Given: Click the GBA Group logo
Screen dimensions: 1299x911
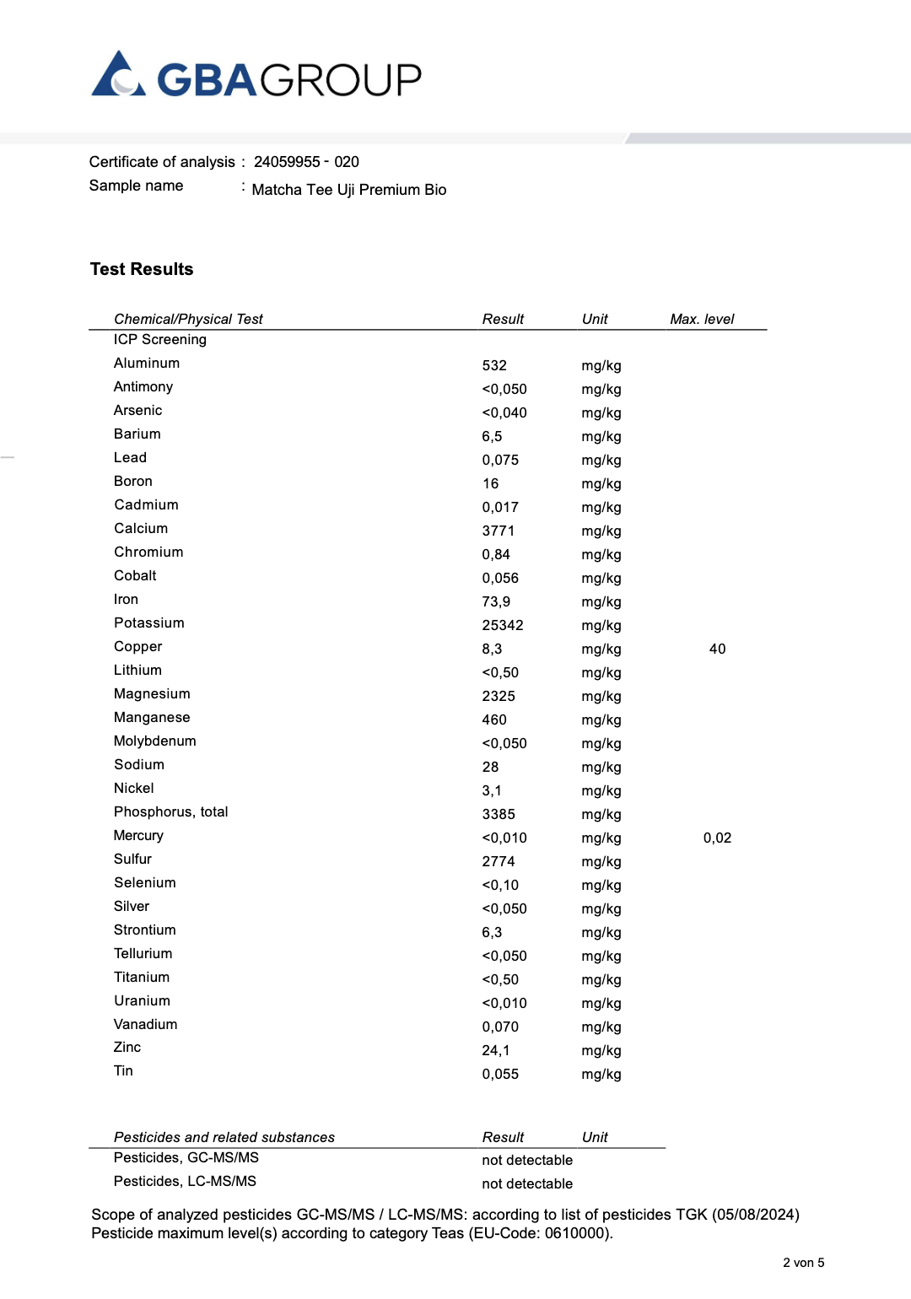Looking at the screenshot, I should click(256, 78).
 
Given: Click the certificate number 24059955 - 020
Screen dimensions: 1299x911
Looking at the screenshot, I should click(306, 162).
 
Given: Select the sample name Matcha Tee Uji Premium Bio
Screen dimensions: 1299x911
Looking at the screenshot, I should click(348, 190).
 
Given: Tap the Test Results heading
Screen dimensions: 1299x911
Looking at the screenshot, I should click(142, 269).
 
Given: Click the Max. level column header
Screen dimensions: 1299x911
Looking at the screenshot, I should click(702, 319).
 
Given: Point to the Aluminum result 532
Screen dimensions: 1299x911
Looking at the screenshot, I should click(494, 365).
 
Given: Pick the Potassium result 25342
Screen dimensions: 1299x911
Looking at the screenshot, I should click(503, 625).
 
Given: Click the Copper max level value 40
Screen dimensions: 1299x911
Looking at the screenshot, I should click(717, 649).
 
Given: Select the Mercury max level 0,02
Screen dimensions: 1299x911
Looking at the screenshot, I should click(717, 838).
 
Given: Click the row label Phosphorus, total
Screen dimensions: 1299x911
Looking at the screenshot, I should click(170, 811).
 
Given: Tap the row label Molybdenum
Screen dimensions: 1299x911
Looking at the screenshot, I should click(155, 741).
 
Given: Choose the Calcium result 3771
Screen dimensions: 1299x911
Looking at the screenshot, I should click(498, 531).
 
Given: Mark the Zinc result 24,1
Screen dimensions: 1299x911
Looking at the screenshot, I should click(496, 1050).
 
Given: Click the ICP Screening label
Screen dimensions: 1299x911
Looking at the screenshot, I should click(160, 339).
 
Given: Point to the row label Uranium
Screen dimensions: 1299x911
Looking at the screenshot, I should click(142, 1000).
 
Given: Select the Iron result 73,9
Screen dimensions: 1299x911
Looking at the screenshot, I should click(496, 601).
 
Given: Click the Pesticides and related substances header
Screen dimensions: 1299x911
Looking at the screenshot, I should click(224, 1137).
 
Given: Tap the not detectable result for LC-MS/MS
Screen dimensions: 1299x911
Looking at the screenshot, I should click(527, 1183).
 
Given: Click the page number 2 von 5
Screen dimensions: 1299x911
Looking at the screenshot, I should click(803, 1263).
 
